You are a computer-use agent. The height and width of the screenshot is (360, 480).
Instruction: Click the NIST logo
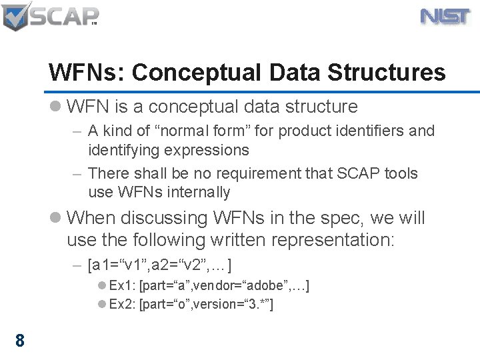click(x=446, y=17)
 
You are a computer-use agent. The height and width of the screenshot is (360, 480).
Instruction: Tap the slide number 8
click(x=20, y=341)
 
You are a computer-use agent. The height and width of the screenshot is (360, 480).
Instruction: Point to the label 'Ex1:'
click(x=123, y=286)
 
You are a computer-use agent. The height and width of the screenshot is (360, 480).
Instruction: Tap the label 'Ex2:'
click(x=123, y=305)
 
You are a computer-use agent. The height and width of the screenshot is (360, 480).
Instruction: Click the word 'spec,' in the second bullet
click(x=341, y=218)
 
